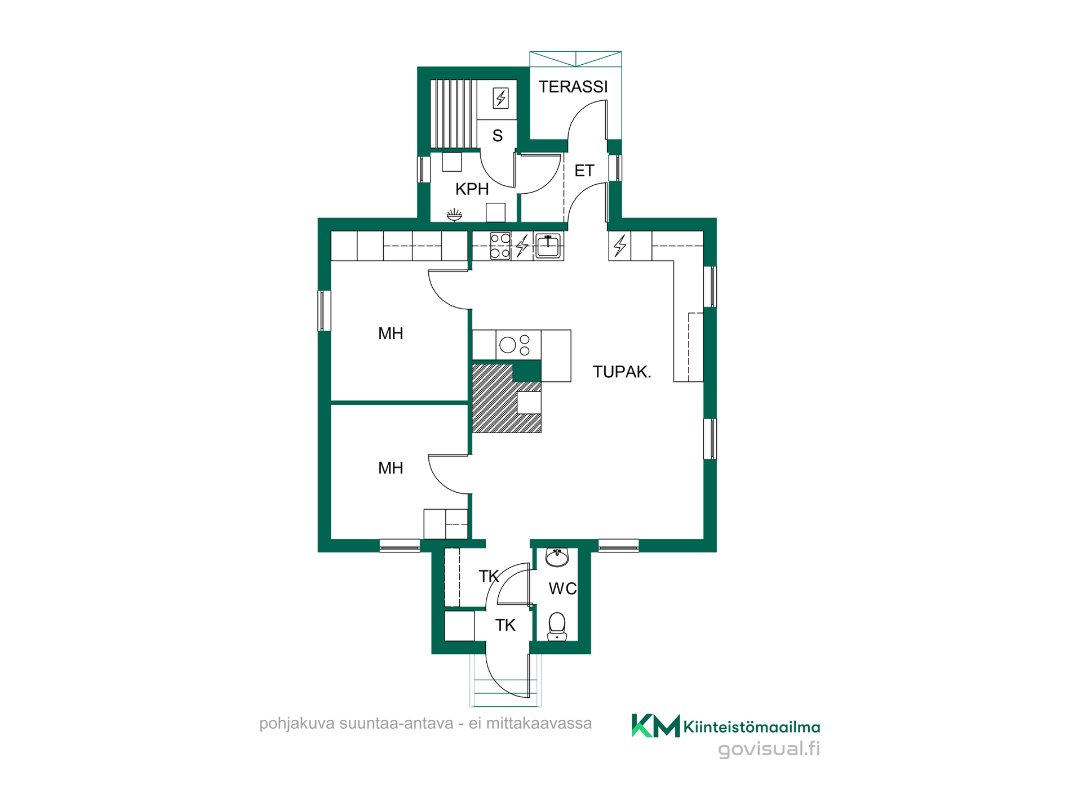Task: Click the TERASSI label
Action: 573,87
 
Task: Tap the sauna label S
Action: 498,136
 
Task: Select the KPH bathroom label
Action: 472,189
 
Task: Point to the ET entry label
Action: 584,171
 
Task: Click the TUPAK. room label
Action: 622,372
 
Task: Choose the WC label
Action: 562,589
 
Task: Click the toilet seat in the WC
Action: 557,626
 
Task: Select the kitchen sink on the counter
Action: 548,246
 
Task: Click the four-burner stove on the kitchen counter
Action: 500,246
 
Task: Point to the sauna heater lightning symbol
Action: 501,98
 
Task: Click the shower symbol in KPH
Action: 454,215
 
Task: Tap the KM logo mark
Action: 655,725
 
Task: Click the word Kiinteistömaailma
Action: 752,727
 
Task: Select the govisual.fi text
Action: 769,749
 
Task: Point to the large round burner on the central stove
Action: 508,345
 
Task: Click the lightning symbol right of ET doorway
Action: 620,246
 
